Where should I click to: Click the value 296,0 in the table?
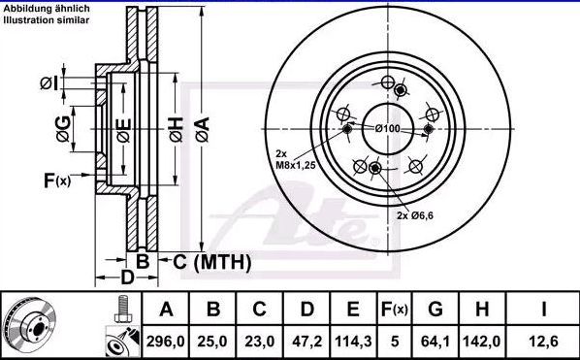coord(165,342)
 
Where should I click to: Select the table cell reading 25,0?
coord(212,342)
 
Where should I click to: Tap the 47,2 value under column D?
coord(306,342)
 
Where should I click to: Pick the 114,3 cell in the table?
coord(353,342)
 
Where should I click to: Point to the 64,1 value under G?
coord(435,342)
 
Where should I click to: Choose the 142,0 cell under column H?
coord(482,342)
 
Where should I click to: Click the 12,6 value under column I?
coord(543,342)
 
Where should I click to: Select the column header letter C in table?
coord(259,309)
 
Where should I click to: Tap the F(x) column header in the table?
coord(395,310)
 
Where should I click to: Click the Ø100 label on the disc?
coord(387,128)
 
